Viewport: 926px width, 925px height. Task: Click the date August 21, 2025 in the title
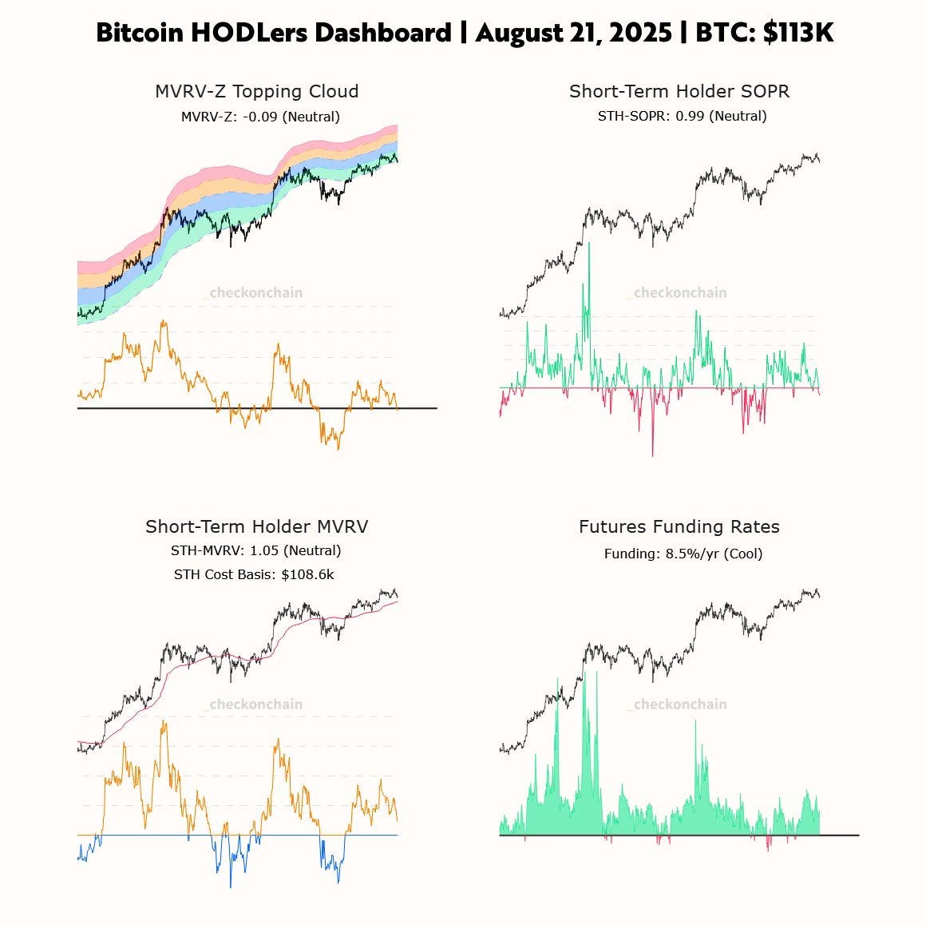click(573, 33)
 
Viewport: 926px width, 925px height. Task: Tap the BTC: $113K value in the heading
click(765, 33)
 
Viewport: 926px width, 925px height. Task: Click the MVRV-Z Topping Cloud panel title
click(256, 91)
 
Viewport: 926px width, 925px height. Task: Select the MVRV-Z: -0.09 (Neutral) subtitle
click(260, 117)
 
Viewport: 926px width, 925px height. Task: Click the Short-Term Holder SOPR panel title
click(679, 91)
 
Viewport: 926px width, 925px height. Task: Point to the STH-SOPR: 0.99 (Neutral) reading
click(682, 116)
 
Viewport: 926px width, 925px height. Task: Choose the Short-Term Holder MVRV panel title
click(256, 526)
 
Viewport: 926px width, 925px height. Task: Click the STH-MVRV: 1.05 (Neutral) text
click(255, 550)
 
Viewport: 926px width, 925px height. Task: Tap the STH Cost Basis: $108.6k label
click(254, 574)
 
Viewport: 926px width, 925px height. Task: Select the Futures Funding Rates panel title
click(679, 526)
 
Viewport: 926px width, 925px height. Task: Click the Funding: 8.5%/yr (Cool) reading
click(683, 554)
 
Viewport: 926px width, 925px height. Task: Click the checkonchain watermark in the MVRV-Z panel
click(255, 293)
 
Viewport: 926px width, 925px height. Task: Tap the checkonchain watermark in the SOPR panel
click(680, 293)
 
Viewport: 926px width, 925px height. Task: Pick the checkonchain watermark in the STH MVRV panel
click(255, 705)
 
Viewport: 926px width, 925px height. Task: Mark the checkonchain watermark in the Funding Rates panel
click(680, 705)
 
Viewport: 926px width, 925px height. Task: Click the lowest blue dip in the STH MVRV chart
click(231, 885)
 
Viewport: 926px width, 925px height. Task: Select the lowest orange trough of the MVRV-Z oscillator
click(338, 447)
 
